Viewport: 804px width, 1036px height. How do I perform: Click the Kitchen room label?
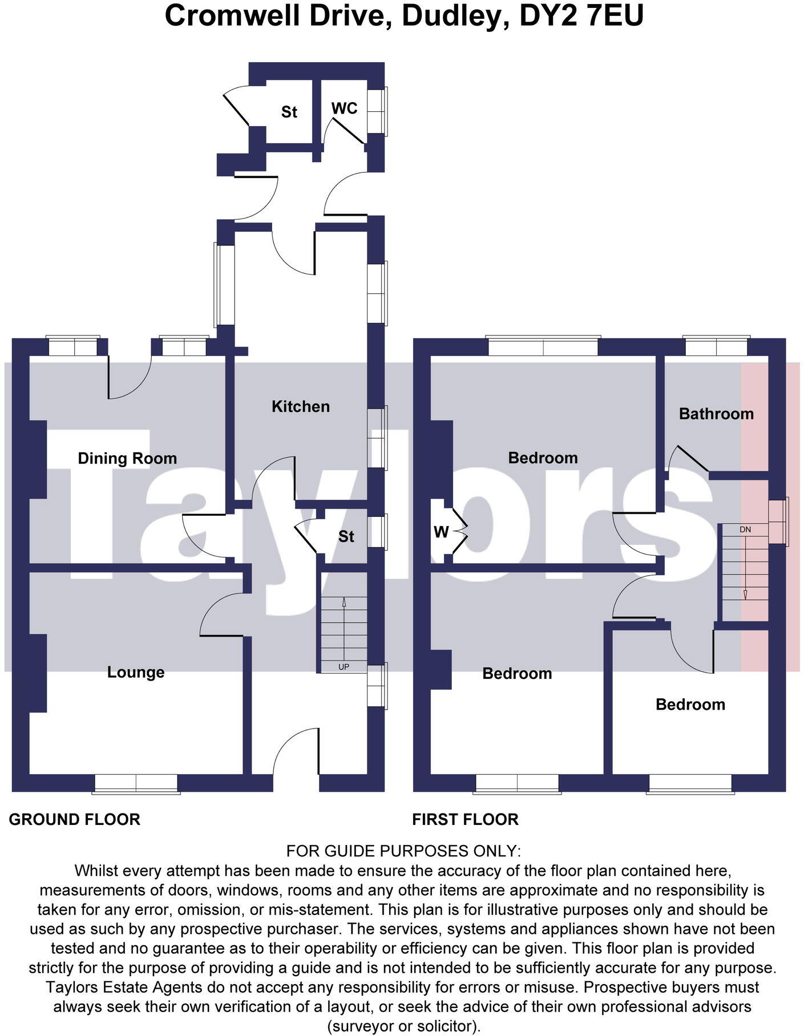[x=300, y=406]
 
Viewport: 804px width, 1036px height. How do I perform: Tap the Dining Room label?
[x=127, y=458]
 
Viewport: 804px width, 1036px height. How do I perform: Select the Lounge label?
[x=136, y=672]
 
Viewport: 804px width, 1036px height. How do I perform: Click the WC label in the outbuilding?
[x=344, y=108]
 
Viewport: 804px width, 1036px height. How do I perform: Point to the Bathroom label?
[x=716, y=414]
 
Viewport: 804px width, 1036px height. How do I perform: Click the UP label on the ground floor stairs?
[x=344, y=667]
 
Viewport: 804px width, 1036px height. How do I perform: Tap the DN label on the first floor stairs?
[x=745, y=529]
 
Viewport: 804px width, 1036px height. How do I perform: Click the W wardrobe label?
[x=441, y=532]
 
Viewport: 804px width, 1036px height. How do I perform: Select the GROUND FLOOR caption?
[x=74, y=820]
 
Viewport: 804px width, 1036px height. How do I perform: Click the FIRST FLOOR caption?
[x=465, y=820]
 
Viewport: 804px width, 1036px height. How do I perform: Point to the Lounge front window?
[x=136, y=783]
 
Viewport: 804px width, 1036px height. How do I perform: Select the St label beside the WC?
[x=289, y=112]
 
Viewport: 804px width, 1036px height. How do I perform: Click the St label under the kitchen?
[x=346, y=536]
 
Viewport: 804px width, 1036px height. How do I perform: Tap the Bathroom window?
[x=716, y=346]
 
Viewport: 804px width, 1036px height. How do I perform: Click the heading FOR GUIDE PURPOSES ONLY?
[x=403, y=851]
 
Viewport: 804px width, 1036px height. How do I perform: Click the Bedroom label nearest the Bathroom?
[x=543, y=458]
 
